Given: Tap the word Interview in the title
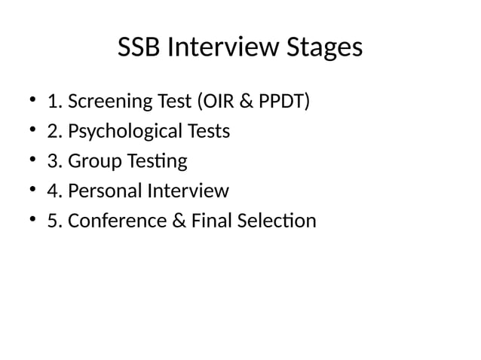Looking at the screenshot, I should point(221,49).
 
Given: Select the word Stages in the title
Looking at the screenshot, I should point(323,49).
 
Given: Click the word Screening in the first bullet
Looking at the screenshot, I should point(108,102).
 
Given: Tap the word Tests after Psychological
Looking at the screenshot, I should point(209,132).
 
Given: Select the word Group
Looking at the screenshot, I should point(92,161).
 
